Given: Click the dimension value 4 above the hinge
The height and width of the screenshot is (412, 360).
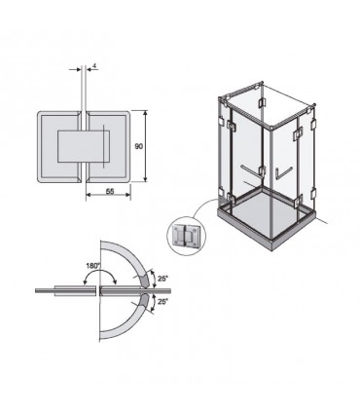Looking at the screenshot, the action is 94,66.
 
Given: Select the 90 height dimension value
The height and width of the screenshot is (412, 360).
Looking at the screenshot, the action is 139,146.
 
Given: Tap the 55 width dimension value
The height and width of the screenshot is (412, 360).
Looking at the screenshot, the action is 110,192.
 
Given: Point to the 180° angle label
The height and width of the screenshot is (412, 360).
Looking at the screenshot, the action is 93,266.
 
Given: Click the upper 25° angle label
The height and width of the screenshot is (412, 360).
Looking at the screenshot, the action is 162,279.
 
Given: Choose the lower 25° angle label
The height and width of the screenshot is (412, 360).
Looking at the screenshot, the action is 162,301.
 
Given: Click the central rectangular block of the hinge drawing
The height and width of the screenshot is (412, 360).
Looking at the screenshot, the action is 84,146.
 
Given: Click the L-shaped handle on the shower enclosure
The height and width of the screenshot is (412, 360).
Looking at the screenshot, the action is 283,172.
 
